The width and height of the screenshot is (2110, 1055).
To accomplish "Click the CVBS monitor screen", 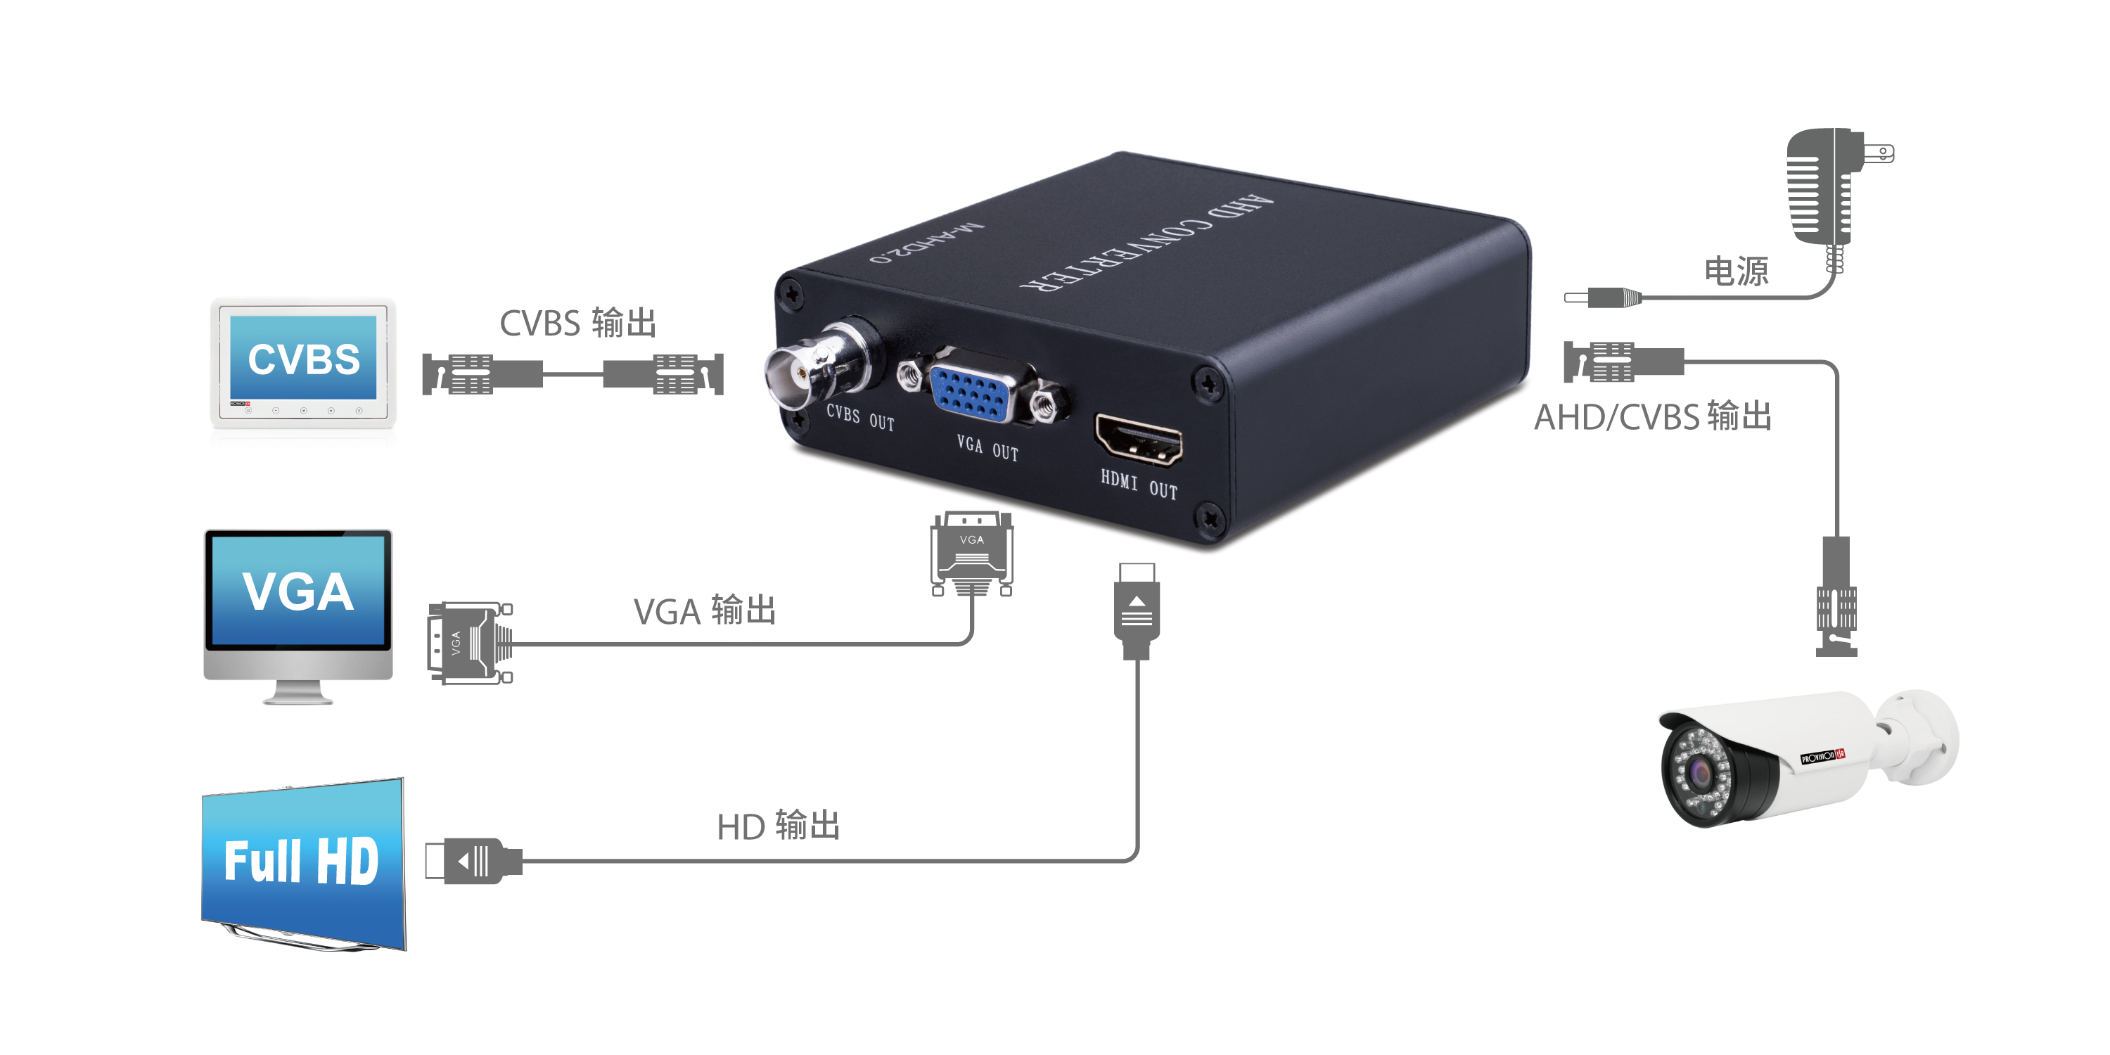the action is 303,357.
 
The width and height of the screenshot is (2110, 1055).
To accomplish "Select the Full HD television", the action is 304,864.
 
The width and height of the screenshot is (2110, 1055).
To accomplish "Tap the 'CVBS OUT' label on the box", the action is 860,418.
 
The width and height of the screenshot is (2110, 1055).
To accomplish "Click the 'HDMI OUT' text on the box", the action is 1139,485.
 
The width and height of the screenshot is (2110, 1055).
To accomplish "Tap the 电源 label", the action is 1736,271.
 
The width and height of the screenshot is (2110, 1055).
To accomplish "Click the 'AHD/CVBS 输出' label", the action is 1653,417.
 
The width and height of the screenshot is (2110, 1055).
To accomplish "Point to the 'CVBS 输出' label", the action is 578,323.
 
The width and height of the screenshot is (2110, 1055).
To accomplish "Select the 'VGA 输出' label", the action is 705,611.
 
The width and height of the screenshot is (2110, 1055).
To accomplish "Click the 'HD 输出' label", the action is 778,826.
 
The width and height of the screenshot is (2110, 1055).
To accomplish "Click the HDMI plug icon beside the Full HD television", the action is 473,861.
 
